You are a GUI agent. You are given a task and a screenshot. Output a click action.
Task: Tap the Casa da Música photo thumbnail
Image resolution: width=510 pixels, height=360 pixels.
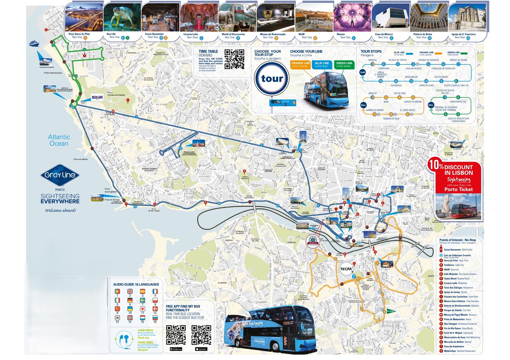pos(390,17)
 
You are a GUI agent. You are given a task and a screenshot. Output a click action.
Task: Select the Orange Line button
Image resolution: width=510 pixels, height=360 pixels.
pos(300,64)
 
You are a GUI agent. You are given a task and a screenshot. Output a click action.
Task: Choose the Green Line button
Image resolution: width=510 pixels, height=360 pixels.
pos(344,64)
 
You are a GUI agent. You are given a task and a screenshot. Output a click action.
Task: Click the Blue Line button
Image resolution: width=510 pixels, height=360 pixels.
pos(322,64)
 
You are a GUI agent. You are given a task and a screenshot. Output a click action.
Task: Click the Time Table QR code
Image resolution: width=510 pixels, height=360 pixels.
pos(234,59)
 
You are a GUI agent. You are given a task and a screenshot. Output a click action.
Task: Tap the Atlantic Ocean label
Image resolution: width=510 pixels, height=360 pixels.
pos(59,140)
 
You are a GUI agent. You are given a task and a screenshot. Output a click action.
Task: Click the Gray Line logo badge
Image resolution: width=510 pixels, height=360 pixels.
pos(60,175)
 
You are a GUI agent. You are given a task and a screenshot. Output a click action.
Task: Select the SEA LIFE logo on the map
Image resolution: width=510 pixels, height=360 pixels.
pos(97,98)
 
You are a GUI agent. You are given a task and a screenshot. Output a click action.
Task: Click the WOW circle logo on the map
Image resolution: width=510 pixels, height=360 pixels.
pos(346,269)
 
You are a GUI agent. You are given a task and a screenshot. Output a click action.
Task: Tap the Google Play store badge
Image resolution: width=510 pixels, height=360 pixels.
pos(176,349)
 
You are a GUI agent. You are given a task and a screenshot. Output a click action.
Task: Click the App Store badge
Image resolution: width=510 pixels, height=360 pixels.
pos(201,349)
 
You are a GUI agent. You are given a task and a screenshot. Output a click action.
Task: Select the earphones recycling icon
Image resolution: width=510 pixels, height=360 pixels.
pos(124,339)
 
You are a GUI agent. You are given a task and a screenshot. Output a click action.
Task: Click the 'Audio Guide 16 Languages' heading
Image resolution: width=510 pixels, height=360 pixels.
pos(136,285)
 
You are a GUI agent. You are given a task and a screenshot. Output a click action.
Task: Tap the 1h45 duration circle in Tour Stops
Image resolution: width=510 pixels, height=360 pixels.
pos(362,73)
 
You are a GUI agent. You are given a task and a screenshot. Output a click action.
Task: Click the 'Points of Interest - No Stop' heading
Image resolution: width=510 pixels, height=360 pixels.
pos(458,240)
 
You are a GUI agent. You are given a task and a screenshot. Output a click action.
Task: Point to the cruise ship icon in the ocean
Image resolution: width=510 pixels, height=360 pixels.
pos(34,44)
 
